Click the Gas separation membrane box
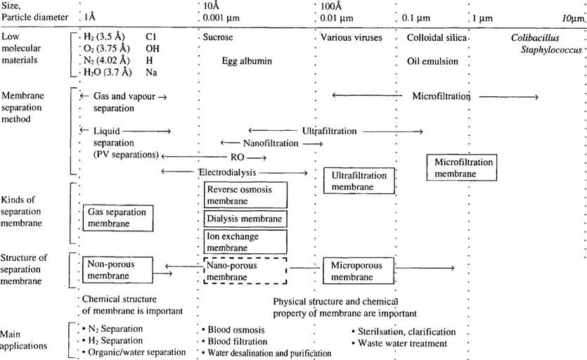(117, 217)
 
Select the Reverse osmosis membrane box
(245, 195)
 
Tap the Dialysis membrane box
(245, 219)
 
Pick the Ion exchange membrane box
(245, 242)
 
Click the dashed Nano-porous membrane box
(245, 271)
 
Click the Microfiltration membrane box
(463, 167)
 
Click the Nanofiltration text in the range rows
(271, 143)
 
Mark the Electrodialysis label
(227, 172)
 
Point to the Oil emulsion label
(432, 61)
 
